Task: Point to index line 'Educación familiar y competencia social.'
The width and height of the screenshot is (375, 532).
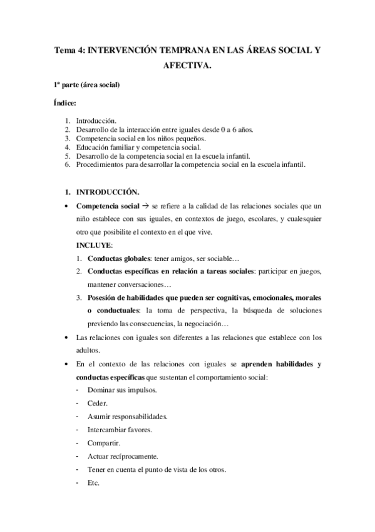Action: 138,147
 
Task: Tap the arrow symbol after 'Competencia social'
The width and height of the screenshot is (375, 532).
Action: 145,206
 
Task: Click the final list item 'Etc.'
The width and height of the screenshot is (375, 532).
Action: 94,483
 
